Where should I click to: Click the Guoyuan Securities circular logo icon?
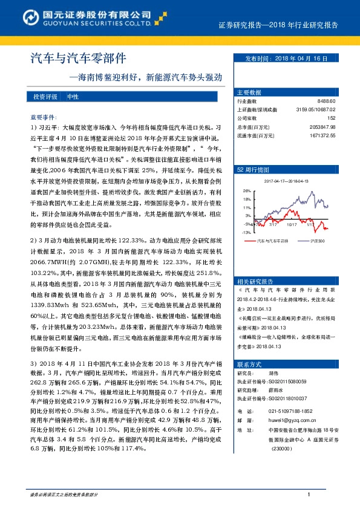point(18,16)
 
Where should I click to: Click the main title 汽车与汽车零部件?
point(78,59)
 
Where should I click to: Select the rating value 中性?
point(73,97)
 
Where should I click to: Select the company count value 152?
point(331,118)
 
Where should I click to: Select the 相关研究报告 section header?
point(253,265)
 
